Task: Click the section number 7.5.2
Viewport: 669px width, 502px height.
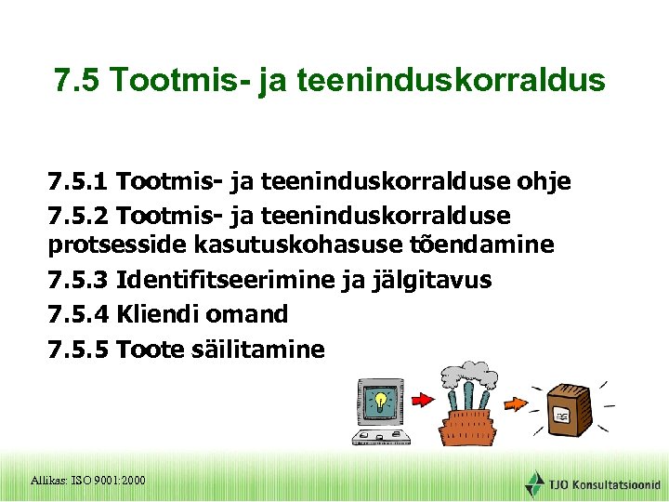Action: click(x=80, y=216)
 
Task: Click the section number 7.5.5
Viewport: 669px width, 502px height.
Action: click(x=80, y=350)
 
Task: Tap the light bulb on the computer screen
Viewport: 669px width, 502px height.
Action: click(x=379, y=401)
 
